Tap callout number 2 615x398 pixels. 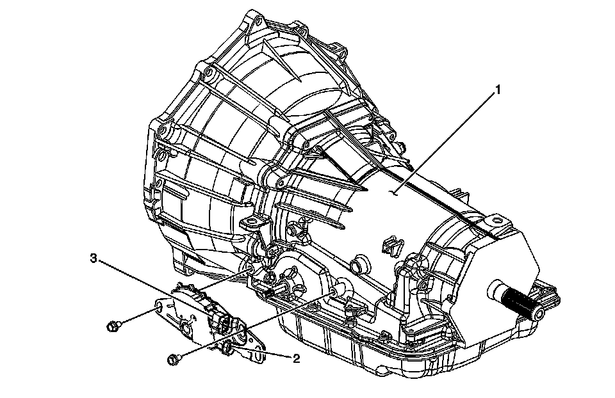pos(295,358)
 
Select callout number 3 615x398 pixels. pos(94,258)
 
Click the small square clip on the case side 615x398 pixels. pos(389,244)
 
